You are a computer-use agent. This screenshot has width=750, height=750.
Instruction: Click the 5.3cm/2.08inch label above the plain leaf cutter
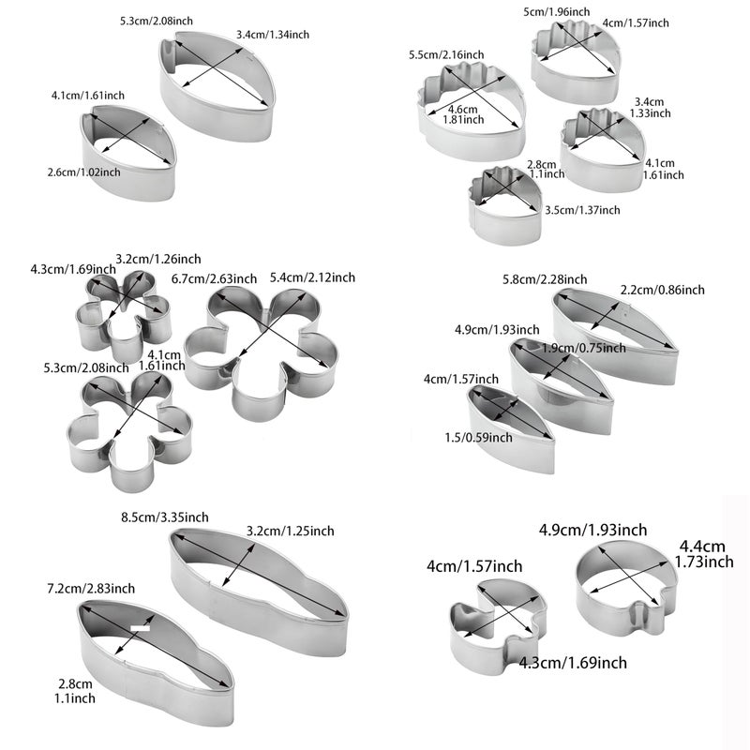[157, 21]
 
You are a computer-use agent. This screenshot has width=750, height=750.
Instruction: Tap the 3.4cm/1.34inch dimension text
[273, 35]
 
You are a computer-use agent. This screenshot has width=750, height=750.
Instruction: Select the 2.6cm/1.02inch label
[83, 172]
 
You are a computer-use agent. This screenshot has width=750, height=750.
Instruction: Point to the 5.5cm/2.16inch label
[446, 55]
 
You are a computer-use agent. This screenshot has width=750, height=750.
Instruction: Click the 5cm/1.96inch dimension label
[556, 12]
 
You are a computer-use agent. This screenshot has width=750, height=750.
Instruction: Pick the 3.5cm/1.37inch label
[582, 210]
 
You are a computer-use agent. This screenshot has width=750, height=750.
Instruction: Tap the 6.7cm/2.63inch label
[215, 278]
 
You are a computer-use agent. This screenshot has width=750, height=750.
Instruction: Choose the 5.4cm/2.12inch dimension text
[312, 277]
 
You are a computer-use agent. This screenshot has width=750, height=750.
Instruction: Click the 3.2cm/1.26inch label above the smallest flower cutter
[158, 260]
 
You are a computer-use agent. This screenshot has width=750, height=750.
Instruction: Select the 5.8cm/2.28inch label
[545, 279]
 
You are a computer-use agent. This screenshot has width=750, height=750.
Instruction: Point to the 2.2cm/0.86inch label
[663, 290]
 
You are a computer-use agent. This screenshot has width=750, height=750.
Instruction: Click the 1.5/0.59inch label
[478, 438]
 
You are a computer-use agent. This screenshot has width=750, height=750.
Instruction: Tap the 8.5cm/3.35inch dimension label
[165, 517]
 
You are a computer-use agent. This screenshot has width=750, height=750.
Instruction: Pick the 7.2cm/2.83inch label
[91, 589]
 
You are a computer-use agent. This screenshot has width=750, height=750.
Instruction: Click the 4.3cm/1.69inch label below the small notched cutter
[573, 663]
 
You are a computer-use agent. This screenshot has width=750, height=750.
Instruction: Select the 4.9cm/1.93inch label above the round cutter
[593, 530]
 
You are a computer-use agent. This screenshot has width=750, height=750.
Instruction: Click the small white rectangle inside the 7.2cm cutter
[141, 627]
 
